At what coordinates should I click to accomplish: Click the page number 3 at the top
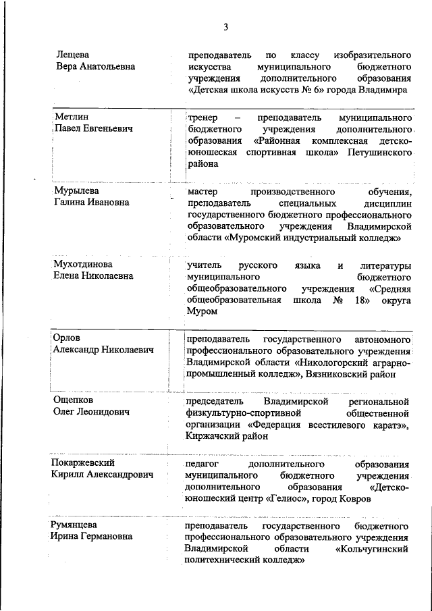(225, 27)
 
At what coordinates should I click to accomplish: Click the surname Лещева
(73, 55)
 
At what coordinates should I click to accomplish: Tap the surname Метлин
(71, 117)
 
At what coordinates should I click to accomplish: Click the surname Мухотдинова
(82, 264)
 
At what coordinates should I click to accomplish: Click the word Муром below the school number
(203, 311)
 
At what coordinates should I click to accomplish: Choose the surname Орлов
(67, 338)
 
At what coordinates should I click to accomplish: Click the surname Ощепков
(74, 400)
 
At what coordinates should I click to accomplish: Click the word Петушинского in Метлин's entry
(381, 153)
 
